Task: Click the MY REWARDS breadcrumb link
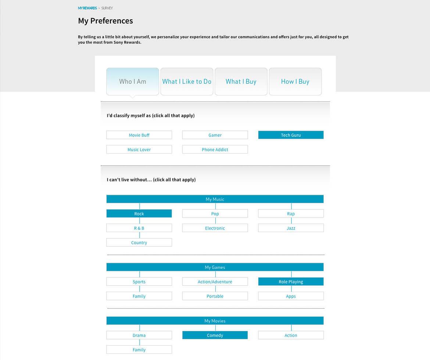click(87, 8)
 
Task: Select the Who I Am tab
click(133, 82)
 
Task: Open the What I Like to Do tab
click(187, 82)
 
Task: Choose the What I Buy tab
click(241, 82)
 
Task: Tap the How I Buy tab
click(295, 82)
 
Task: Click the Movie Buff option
click(139, 135)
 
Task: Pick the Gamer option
click(215, 135)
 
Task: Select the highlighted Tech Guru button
click(291, 135)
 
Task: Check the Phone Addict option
click(215, 150)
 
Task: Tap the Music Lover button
click(139, 150)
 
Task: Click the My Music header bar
click(215, 199)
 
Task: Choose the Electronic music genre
click(215, 228)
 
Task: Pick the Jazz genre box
click(291, 228)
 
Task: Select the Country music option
click(139, 242)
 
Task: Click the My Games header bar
click(215, 267)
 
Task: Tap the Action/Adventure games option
click(215, 282)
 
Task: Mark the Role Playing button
click(291, 282)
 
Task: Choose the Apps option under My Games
click(291, 296)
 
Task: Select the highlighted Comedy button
click(215, 335)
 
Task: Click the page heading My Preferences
click(105, 21)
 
